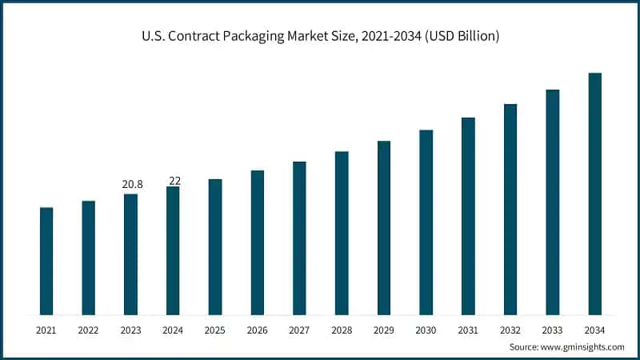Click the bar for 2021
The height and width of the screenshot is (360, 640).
coord(46,261)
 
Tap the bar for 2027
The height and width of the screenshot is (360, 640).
coord(299,238)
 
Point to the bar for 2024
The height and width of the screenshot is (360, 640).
coord(173,250)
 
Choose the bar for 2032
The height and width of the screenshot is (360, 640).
coord(510,209)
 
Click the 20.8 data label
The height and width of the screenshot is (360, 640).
coord(132,185)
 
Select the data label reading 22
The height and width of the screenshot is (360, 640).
coord(174,181)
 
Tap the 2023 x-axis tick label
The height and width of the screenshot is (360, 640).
coord(131,330)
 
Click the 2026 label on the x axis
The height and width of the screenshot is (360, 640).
coord(258,330)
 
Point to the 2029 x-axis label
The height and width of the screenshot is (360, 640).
coord(384,330)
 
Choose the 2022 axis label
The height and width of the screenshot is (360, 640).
coord(89,330)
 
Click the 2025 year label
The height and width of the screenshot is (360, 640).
coord(215,330)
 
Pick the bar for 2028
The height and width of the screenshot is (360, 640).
coord(342,233)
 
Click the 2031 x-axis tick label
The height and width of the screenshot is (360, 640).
coord(468,330)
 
